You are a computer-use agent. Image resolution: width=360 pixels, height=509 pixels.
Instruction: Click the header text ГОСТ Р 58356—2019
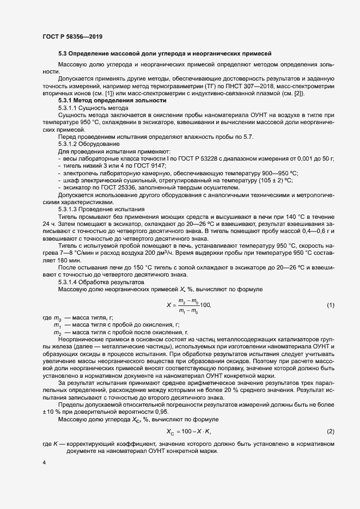[x=72, y=36]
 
